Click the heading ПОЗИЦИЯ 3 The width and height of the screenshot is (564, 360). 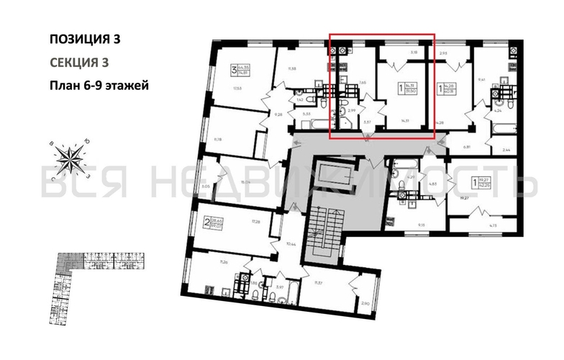click(84, 39)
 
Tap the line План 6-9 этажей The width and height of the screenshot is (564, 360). click(99, 86)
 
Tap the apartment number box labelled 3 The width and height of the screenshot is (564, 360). click(233, 71)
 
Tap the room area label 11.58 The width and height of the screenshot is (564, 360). click(293, 68)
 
